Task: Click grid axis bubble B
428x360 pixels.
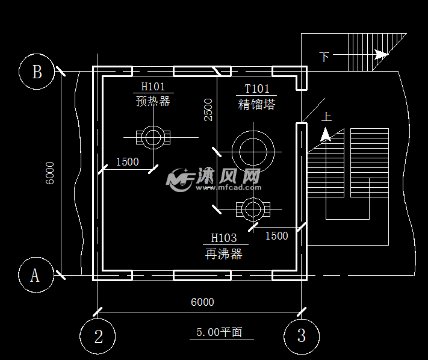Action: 37,72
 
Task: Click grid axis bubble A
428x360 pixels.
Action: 36,275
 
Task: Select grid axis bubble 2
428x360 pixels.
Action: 98,336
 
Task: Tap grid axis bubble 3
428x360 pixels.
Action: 302,336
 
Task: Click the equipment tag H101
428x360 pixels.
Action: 153,87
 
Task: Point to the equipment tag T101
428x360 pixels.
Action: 256,89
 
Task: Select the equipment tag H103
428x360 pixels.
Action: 224,238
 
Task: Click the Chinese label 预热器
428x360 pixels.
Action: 153,101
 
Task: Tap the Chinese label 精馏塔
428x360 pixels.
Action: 257,104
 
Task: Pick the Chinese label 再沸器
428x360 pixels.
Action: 224,254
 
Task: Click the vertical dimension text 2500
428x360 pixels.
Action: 208,110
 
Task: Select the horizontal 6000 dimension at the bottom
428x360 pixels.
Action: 202,302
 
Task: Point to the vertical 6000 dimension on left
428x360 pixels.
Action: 50,173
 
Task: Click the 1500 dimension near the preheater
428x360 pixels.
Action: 127,161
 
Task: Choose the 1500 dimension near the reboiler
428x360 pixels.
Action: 277,235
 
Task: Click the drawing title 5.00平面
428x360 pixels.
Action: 220,332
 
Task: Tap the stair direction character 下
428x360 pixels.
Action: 324,57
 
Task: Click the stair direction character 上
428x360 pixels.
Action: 327,117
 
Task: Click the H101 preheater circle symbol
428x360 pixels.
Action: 153,137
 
